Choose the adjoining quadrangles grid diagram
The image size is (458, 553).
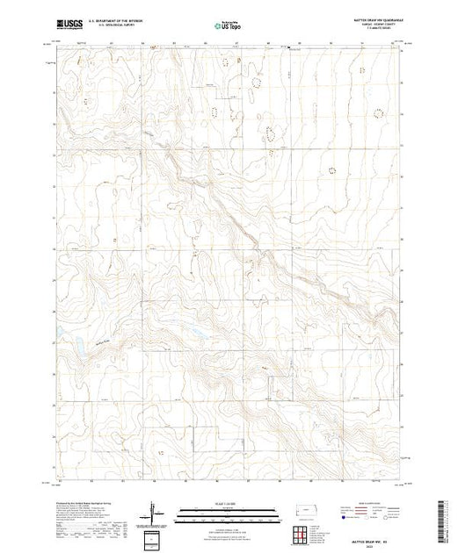pyautogui.click(x=303, y=533)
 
